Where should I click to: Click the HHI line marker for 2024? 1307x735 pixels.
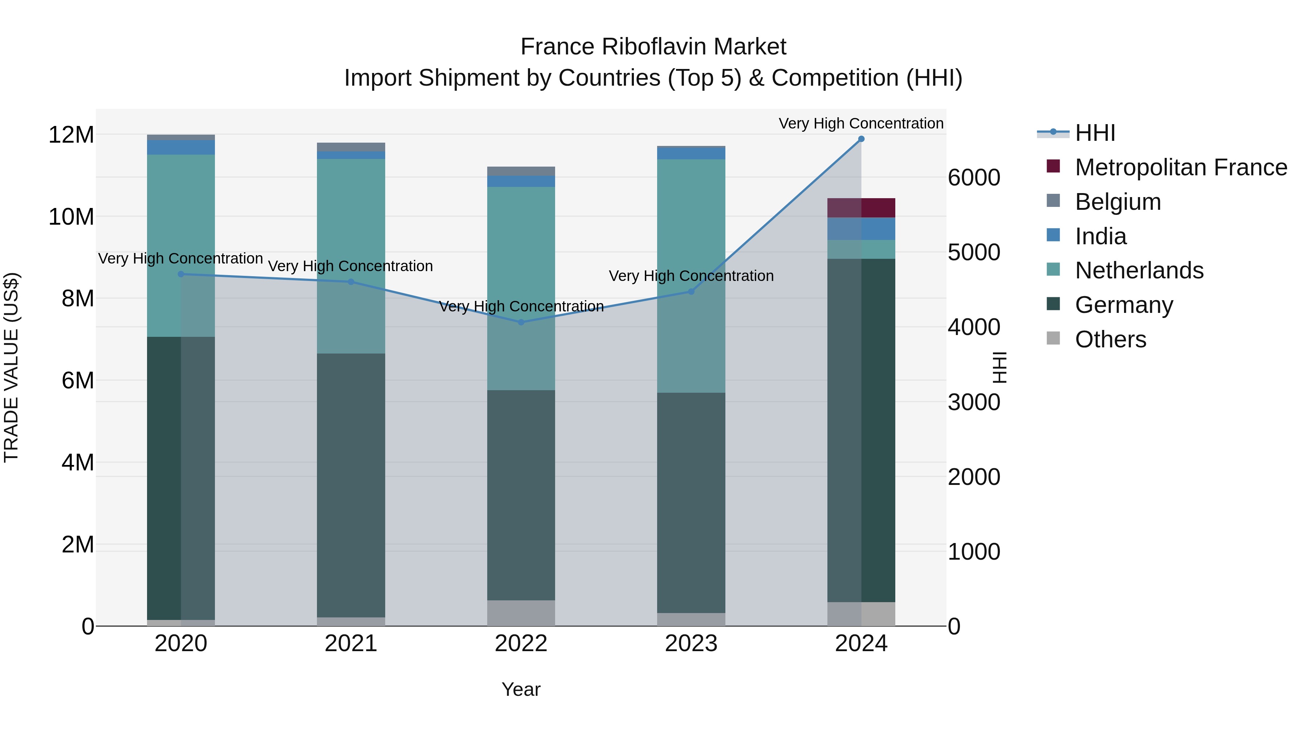(x=861, y=139)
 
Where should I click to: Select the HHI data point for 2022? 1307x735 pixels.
(x=521, y=322)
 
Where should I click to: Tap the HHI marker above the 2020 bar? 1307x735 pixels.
(x=181, y=274)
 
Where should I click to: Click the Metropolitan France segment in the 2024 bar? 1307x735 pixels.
(x=861, y=208)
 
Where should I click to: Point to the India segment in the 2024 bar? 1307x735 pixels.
(x=861, y=229)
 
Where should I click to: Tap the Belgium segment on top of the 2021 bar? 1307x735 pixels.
(x=351, y=147)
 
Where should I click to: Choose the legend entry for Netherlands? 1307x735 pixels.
(x=1139, y=270)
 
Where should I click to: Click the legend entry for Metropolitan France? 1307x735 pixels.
(x=1181, y=167)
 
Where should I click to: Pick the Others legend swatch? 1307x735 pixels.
(x=1053, y=338)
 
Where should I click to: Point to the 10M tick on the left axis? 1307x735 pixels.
(x=71, y=217)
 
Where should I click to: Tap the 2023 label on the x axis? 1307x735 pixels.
(x=691, y=644)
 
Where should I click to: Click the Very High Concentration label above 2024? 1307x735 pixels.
(x=861, y=123)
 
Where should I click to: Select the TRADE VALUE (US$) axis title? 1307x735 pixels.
(x=11, y=367)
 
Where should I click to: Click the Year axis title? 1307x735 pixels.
(x=521, y=689)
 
